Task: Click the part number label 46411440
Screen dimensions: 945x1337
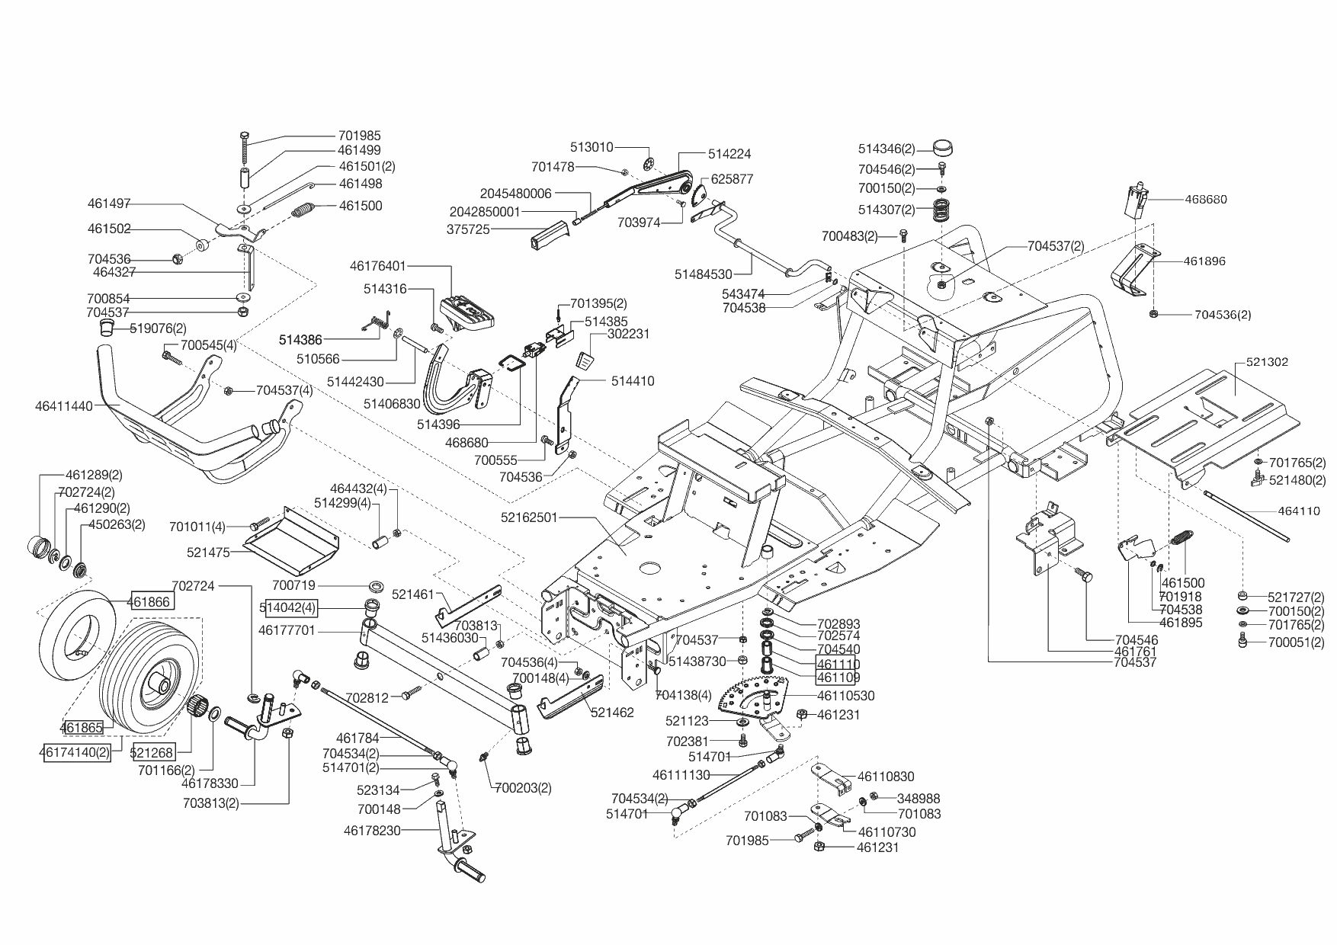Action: [64, 406]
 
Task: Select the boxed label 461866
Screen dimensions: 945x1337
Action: [151, 601]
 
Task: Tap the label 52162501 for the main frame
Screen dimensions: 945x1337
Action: [530, 517]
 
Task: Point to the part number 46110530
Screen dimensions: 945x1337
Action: [846, 696]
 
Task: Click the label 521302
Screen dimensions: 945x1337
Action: [1267, 362]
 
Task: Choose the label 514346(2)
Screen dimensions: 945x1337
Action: [887, 149]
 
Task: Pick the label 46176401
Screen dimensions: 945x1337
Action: [378, 266]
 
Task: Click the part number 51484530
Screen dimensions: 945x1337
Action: [704, 274]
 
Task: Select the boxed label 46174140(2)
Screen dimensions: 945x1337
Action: [75, 752]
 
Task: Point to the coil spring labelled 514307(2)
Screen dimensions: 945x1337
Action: [944, 209]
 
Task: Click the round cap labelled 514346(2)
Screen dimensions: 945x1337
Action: [944, 148]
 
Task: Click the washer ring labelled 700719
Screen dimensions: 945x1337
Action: [376, 586]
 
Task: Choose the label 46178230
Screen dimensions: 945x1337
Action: [372, 831]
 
